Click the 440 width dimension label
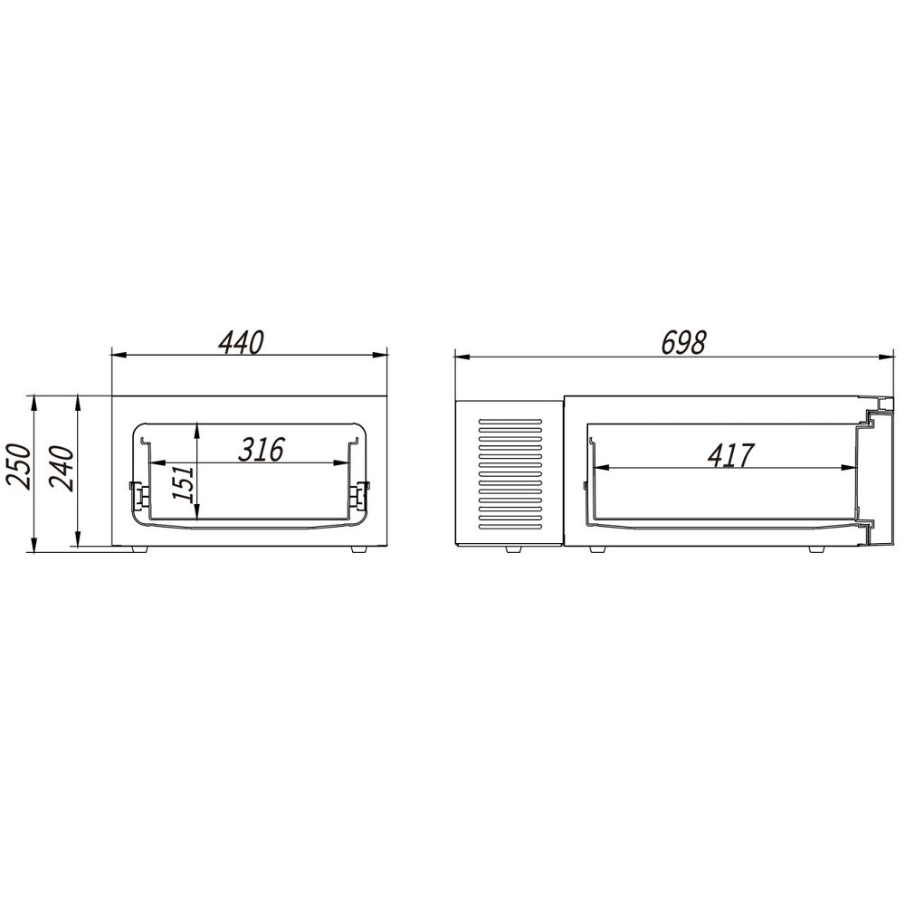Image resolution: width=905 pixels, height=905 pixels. pos(242,342)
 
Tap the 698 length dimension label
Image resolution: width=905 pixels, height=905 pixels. pos(683,343)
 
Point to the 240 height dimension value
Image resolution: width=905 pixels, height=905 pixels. pos(62,468)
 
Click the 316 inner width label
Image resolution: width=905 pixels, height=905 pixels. pos(262,450)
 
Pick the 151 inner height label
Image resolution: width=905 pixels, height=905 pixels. pos(184,483)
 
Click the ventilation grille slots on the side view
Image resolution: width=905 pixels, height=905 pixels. pos(510,474)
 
